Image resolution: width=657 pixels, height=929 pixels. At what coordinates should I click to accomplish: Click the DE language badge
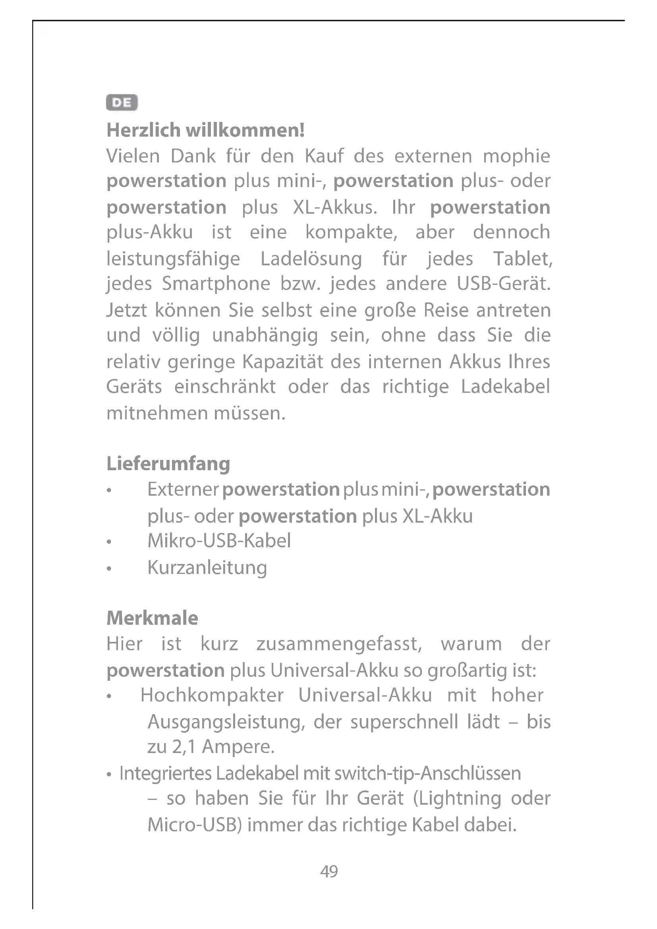click(x=122, y=103)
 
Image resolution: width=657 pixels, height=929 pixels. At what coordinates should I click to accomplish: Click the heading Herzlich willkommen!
click(x=205, y=130)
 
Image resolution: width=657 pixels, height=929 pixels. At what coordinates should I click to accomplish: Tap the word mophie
click(x=517, y=156)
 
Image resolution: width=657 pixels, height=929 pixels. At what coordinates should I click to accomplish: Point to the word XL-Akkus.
click(x=334, y=208)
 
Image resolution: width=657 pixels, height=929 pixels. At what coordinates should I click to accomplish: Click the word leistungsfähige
click(x=173, y=259)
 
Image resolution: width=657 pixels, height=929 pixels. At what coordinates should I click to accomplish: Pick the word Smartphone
click(x=216, y=284)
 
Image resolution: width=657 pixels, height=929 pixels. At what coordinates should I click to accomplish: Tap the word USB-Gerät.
click(x=504, y=284)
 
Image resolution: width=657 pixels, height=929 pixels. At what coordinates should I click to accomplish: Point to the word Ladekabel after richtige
click(x=506, y=386)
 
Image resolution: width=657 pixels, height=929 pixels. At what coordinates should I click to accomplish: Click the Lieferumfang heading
click(x=168, y=464)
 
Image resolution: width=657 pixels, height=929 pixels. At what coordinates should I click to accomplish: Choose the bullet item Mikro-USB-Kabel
click(x=219, y=541)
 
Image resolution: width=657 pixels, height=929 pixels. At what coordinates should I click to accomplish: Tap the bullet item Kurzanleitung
click(x=207, y=568)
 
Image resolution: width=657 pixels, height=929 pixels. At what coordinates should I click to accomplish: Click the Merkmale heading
click(x=152, y=618)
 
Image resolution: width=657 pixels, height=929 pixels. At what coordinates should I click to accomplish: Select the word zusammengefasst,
click(x=339, y=644)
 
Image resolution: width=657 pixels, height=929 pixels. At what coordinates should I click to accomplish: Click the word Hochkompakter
click(x=212, y=695)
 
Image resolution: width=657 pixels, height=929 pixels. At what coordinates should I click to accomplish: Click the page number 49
click(x=329, y=871)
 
